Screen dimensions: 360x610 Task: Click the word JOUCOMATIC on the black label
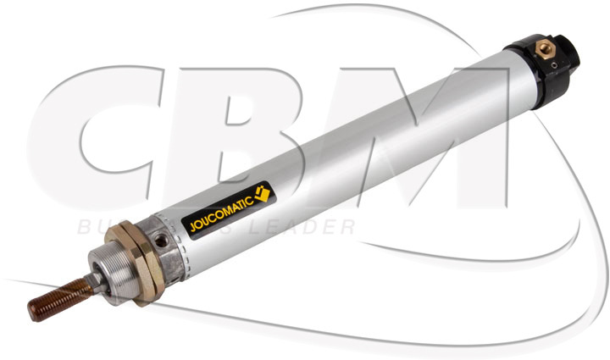pyautogui.click(x=218, y=216)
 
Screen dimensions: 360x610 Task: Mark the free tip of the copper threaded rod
pyautogui.click(x=32, y=313)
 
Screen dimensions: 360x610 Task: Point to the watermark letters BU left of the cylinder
pyautogui.click(x=93, y=227)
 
